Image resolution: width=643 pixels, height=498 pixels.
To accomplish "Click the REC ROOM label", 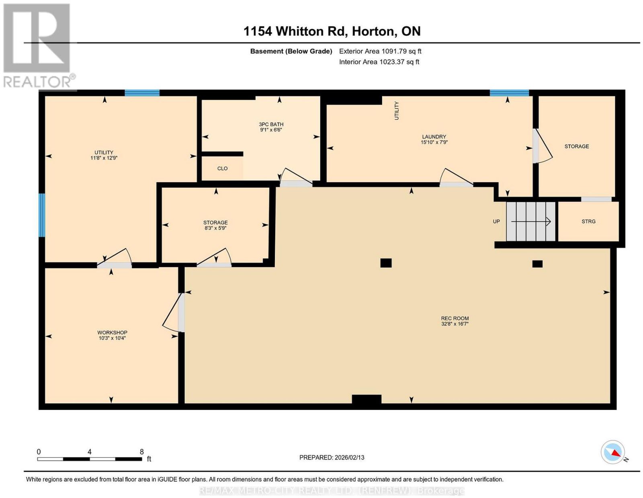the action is coord(455,318).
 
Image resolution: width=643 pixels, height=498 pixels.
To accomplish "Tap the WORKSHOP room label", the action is coord(112,332).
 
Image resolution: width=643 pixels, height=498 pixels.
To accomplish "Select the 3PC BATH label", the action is coord(271,124).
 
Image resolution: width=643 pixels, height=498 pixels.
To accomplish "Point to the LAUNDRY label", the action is coord(434,137).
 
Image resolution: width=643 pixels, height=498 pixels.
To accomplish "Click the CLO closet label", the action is coord(222,168).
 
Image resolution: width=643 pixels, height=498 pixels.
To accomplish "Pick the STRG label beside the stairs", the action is coord(588,221).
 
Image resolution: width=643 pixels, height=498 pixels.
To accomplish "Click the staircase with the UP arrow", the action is coord(530,221).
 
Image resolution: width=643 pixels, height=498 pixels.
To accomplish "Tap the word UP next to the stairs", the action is coord(496,221).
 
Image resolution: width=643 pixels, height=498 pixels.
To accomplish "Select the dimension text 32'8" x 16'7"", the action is coord(455,324).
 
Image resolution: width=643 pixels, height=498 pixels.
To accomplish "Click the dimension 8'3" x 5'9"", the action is coord(215,228).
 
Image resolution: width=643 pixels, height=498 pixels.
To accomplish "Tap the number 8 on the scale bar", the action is coord(142,452).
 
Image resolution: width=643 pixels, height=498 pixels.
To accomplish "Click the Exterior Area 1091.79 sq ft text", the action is coord(380,51).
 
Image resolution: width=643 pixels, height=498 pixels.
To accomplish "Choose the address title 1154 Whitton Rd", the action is coord(295,31).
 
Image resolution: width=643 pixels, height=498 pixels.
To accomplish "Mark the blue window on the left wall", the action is coord(42,215).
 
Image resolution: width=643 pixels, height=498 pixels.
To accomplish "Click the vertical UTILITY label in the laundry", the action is coord(397,111).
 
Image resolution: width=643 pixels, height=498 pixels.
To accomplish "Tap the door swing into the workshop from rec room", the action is coord(173,312).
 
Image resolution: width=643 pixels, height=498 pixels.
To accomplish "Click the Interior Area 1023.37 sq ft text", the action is coord(379,62).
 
